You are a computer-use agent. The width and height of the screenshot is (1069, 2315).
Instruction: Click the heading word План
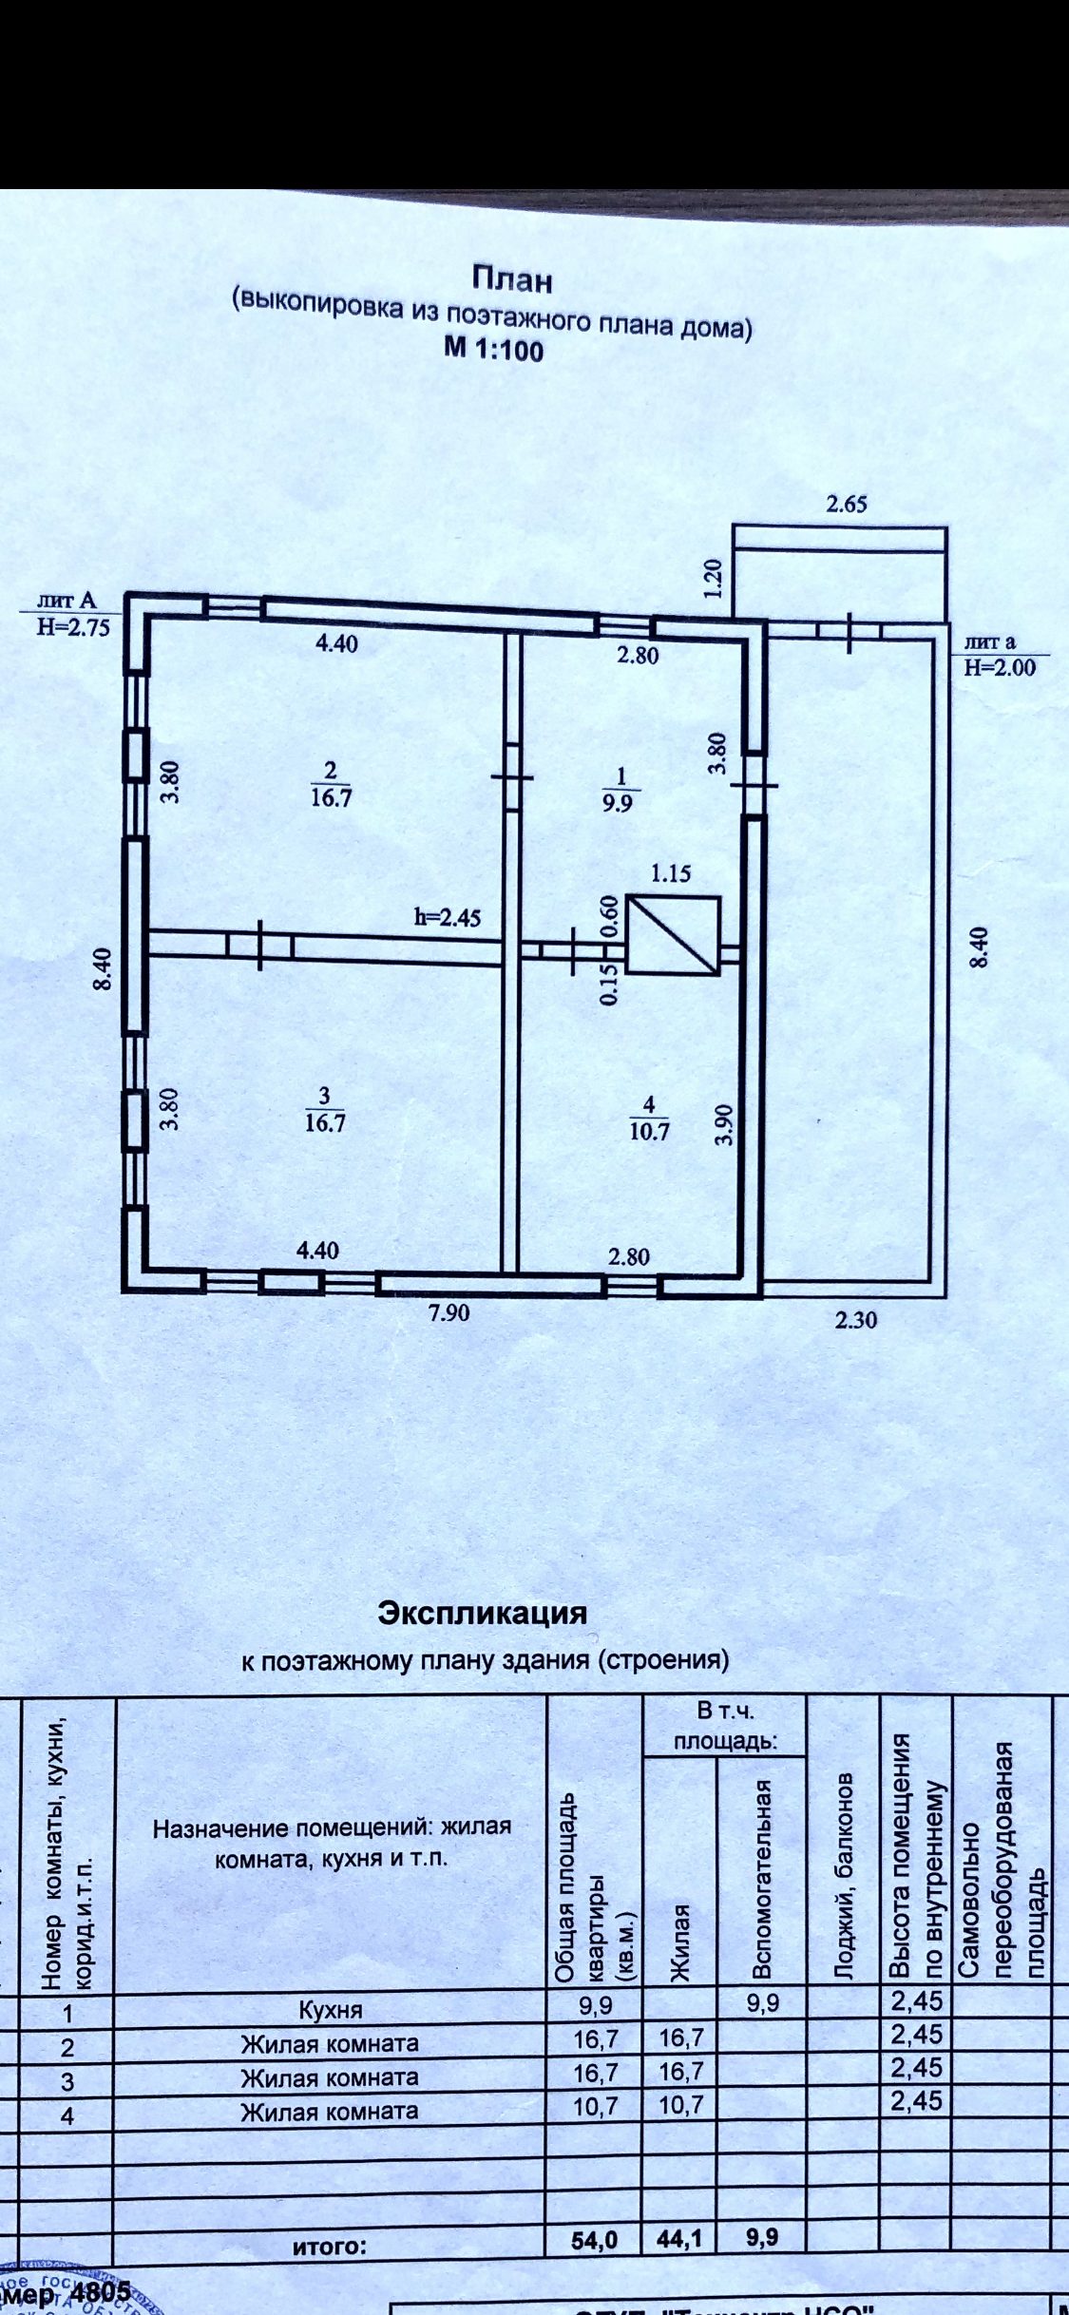coord(511,279)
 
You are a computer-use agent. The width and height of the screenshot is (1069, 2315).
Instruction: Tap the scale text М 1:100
coord(494,350)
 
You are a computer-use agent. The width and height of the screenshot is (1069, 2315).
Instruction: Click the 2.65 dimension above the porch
coord(846,504)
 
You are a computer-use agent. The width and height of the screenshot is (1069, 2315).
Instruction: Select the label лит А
coord(67,600)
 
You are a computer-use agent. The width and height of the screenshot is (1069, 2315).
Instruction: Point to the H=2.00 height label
coord(1000,667)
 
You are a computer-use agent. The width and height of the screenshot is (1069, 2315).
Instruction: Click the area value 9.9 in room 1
coord(621,801)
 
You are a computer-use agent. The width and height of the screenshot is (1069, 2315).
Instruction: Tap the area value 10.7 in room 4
coord(650,1132)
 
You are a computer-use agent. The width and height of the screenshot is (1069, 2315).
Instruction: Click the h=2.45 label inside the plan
coord(448,917)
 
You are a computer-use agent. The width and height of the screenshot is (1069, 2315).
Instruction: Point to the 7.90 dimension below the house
coord(449,1314)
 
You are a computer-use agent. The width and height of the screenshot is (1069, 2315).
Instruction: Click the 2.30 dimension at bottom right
coord(855,1320)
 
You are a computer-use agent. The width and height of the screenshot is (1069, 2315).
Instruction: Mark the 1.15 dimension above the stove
coord(671,873)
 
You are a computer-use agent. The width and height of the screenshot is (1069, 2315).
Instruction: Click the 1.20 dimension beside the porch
coord(715,578)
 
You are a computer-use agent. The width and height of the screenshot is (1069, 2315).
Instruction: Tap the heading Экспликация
coord(483,1614)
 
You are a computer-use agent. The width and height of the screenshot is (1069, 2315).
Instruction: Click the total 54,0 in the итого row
coord(594,2240)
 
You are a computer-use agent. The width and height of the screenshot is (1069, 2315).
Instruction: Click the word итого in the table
coord(329,2247)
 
